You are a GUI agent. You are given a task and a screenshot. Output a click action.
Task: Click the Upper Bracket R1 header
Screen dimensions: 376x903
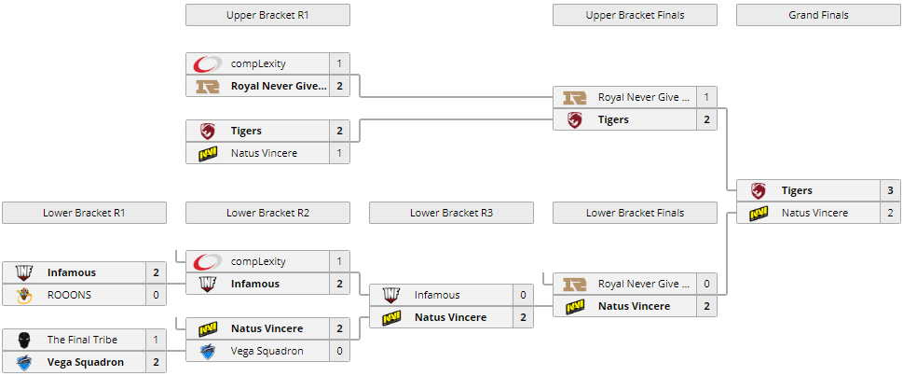tap(267, 15)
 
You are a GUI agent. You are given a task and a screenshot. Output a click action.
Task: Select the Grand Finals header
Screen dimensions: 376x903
tap(818, 15)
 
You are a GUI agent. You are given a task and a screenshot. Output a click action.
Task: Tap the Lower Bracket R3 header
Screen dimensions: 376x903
tap(451, 213)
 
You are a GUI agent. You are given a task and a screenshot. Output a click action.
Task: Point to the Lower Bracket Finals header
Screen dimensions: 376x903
tap(635, 213)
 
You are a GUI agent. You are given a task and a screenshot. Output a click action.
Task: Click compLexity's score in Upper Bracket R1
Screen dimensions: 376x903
tap(339, 63)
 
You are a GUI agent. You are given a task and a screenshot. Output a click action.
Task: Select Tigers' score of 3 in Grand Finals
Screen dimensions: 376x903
tap(890, 190)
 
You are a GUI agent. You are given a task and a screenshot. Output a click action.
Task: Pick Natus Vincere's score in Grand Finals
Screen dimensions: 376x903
tap(890, 213)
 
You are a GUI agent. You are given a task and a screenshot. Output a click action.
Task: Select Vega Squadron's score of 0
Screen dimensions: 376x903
tap(339, 351)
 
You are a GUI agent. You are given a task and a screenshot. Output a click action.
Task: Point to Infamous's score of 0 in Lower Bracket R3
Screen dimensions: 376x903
tap(523, 295)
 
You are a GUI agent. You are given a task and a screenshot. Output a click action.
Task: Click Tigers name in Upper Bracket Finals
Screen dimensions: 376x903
tap(613, 119)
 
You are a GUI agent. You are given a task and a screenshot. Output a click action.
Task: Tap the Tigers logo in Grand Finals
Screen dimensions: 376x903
tap(759, 190)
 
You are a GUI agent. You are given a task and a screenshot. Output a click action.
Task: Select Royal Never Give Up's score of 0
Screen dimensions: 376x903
tap(706, 284)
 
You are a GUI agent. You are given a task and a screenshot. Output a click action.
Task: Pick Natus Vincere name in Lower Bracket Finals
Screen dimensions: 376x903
tap(634, 306)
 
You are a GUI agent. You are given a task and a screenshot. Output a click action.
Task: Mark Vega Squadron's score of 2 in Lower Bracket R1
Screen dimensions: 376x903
tap(156, 362)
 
